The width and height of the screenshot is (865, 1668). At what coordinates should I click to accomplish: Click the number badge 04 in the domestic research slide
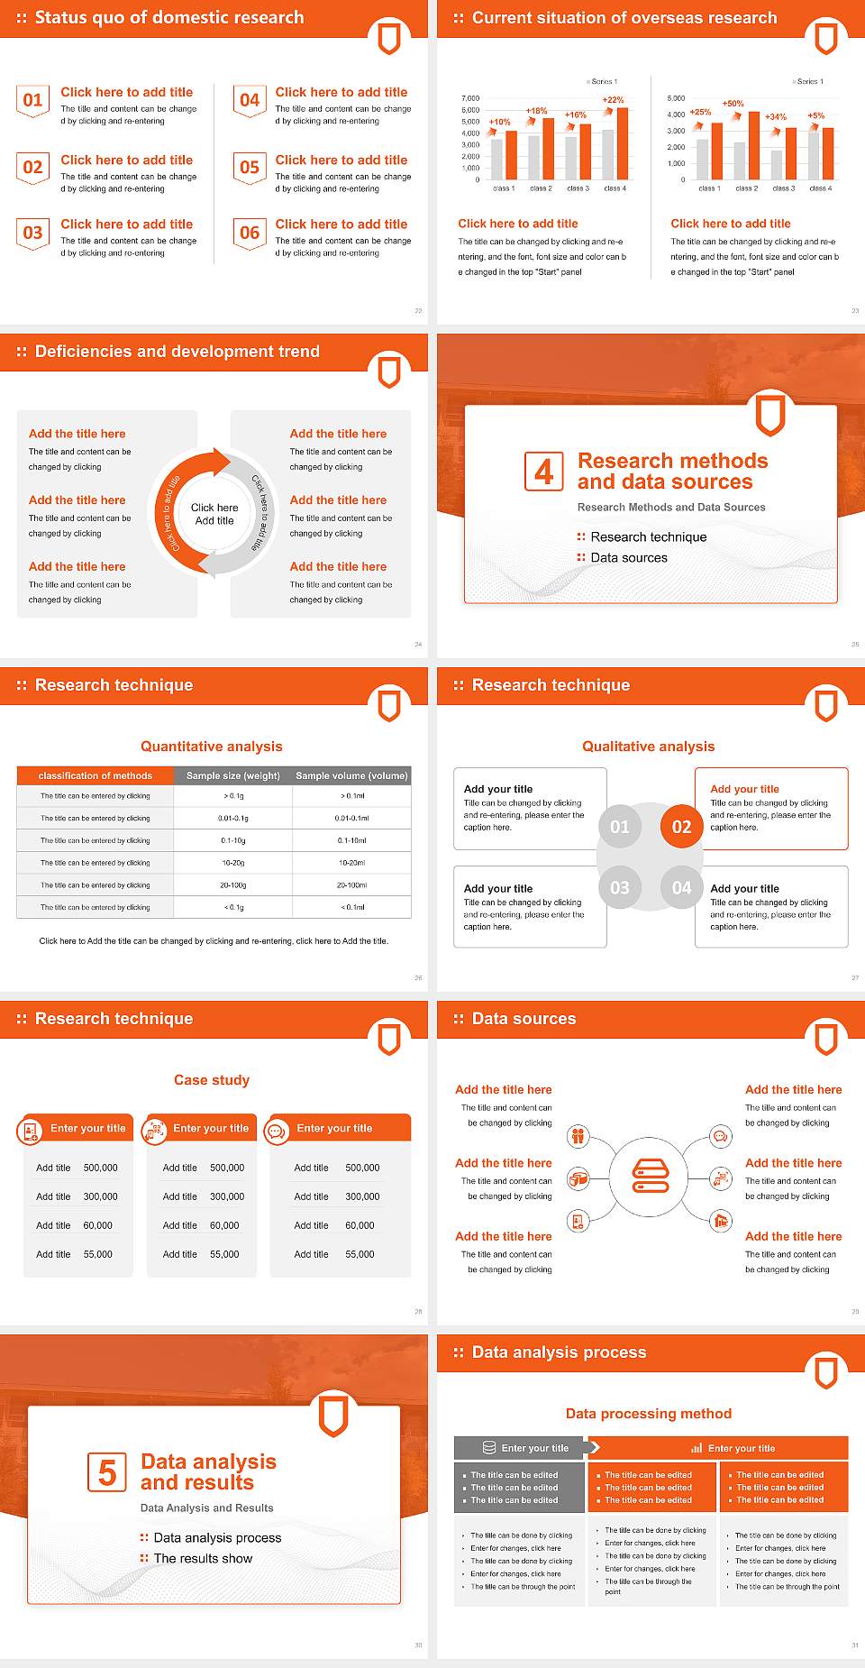point(250,100)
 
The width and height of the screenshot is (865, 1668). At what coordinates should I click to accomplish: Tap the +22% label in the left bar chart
point(613,100)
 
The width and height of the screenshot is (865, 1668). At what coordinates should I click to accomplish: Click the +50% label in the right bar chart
point(733,104)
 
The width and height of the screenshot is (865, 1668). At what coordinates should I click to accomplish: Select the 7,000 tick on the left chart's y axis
point(470,98)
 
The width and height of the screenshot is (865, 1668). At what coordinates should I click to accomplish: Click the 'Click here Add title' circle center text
point(214,514)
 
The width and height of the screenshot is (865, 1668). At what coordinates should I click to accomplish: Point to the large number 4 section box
point(544,472)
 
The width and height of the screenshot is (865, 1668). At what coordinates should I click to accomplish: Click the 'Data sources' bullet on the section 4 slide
point(629,558)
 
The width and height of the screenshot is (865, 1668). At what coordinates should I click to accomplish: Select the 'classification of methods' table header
point(96,775)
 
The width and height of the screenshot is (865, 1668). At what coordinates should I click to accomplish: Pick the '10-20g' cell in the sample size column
point(233,863)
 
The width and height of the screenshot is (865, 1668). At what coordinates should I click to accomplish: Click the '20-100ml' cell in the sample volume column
point(352,885)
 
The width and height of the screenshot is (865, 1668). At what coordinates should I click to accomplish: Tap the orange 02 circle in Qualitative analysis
point(681,827)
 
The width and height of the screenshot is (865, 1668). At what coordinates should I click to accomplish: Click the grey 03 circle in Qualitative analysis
point(620,887)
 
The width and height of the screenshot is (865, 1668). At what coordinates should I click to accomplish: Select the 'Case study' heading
point(212,1080)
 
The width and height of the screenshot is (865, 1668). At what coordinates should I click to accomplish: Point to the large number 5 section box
point(107,1472)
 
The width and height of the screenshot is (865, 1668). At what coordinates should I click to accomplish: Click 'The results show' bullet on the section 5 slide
point(203,1559)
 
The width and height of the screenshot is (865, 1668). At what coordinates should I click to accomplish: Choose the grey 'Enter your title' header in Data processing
point(520,1448)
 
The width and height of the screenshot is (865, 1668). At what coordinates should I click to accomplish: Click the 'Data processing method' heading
point(649,1414)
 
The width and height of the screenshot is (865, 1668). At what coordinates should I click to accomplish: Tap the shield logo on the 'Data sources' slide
point(826,1039)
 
